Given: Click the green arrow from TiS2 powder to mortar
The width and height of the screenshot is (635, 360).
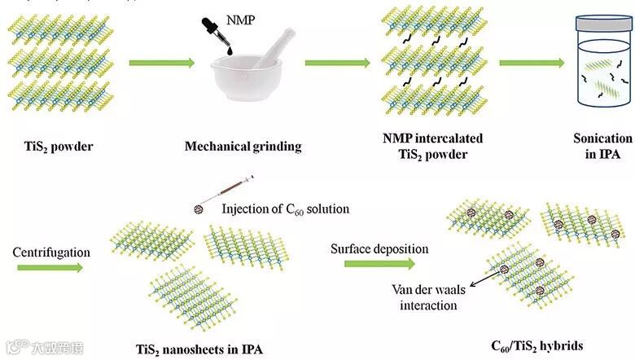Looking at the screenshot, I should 160,62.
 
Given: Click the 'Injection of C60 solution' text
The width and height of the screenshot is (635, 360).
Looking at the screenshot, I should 285,209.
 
